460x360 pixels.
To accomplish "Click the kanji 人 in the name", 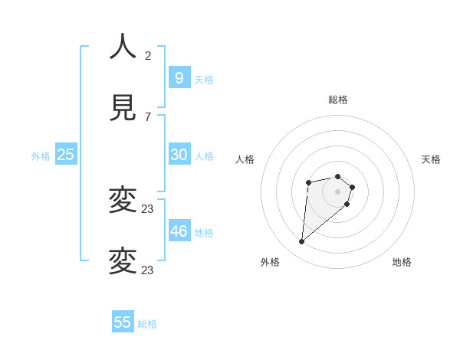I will tap(123, 47).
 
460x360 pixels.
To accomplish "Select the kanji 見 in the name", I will tap(123, 109).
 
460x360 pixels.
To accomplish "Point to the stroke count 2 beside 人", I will tap(148, 55).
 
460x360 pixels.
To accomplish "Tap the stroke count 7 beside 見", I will tap(148, 117).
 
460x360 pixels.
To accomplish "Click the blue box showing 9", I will tap(179, 77).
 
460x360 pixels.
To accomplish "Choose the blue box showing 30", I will tap(179, 155).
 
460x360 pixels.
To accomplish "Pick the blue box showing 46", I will tap(179, 231).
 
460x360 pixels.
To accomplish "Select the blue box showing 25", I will tap(65, 155).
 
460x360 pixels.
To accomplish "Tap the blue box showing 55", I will tap(123, 322).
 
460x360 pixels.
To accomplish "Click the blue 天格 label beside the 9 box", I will tap(204, 80).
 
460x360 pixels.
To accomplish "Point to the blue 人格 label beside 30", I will tap(204, 156).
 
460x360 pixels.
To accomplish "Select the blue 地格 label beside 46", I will tap(204, 233).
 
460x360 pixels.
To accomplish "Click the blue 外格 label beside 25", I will tap(41, 156).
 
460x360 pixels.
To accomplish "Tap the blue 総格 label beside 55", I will tap(147, 324).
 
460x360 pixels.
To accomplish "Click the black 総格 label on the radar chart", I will tap(338, 100).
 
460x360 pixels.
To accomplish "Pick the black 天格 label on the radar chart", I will tap(431, 159).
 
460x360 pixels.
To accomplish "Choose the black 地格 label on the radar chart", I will tap(402, 262).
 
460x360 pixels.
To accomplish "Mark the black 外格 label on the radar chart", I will tap(270, 262).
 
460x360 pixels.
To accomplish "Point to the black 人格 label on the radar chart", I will tap(245, 159).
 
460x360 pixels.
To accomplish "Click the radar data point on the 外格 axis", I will tap(302, 242).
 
